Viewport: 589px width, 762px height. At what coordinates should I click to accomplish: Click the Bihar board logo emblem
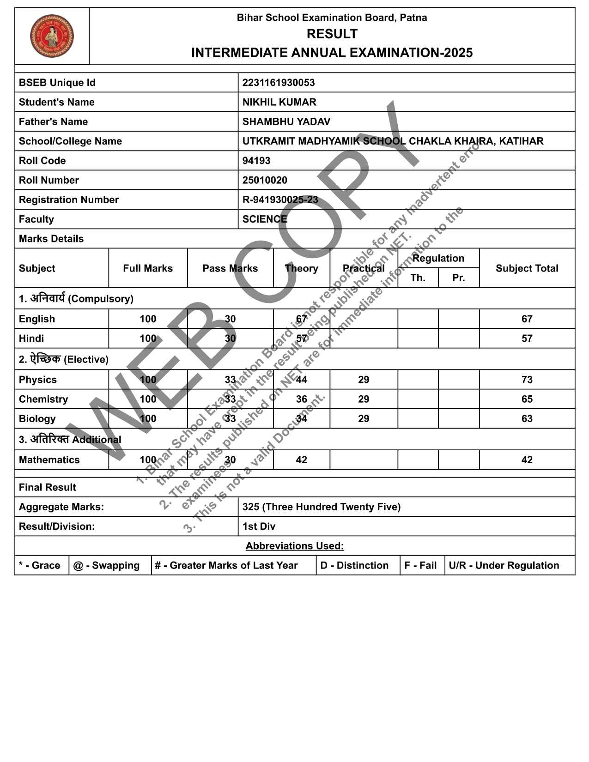coord(52,36)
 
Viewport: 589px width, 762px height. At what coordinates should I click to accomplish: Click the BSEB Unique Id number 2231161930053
coord(278,83)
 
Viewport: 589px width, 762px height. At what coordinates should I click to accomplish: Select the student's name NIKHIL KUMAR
coord(279,102)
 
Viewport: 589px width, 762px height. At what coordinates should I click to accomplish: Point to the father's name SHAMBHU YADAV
coord(286,121)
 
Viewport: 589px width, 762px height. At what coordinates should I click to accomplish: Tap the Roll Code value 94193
coord(256,161)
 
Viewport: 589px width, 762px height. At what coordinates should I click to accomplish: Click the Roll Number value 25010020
coord(264,180)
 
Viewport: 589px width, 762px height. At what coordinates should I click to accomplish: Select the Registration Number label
coord(68,200)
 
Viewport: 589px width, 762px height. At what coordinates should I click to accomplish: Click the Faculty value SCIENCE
coord(264,219)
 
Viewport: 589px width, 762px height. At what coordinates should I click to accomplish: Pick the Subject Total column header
coord(527,268)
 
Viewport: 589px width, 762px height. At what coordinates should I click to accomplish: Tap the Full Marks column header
coord(147,268)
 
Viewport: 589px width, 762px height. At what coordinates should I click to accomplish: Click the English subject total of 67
coord(527,319)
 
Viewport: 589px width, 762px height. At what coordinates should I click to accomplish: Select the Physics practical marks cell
coord(363,380)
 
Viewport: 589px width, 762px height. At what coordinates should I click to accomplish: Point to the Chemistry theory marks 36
coord(301,399)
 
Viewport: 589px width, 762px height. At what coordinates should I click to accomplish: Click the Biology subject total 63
coord(527,419)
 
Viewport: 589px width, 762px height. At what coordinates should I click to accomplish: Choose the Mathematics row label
coord(49,460)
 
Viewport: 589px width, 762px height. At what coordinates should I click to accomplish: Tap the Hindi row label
coord(31,339)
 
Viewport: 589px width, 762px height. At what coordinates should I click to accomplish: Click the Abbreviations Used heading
coord(294,546)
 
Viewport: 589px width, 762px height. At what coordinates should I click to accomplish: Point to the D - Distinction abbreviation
coord(354,565)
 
